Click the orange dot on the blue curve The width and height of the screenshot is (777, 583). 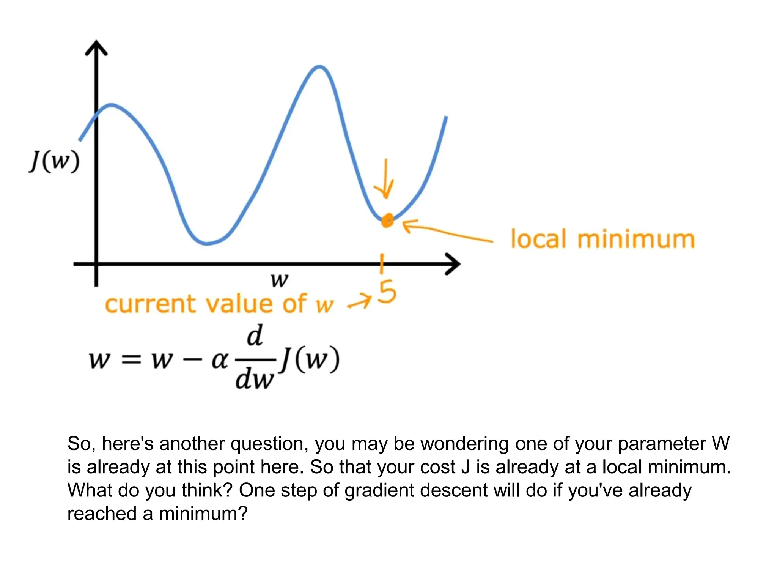point(387,220)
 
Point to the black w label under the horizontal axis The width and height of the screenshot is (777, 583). point(280,280)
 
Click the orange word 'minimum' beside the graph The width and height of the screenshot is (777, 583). point(636,240)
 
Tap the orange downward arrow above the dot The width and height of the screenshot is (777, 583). point(385,179)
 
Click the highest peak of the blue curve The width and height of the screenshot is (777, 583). point(320,68)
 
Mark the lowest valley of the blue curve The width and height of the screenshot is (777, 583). point(206,243)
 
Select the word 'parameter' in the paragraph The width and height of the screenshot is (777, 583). point(662,444)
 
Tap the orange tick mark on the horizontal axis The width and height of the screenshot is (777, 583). point(382,264)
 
